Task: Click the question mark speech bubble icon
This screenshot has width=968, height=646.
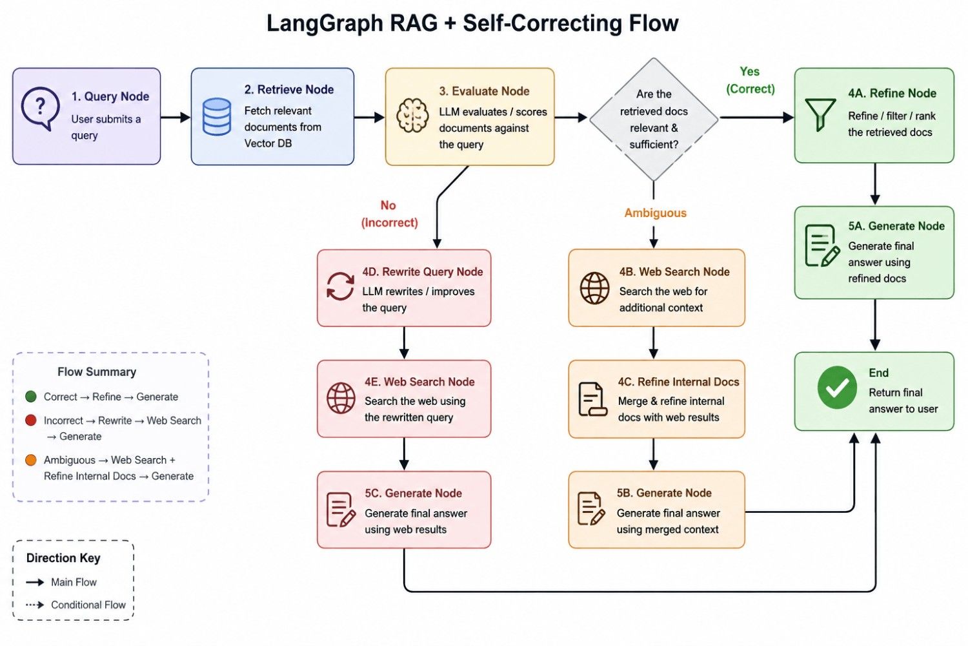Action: click(x=40, y=108)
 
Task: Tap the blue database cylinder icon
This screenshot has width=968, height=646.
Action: click(x=216, y=116)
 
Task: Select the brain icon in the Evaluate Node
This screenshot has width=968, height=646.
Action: click(x=413, y=115)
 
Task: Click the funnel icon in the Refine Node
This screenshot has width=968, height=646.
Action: click(x=820, y=114)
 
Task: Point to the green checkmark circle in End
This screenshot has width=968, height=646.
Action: click(x=837, y=388)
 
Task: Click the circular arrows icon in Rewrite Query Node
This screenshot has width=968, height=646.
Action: click(x=340, y=286)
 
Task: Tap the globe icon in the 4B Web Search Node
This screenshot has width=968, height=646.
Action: click(x=594, y=288)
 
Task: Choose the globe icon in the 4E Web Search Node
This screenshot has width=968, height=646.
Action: click(x=341, y=398)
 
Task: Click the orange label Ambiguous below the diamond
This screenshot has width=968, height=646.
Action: click(x=655, y=213)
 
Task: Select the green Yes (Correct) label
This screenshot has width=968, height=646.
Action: click(x=750, y=80)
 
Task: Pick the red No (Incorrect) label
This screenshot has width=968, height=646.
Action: click(x=389, y=214)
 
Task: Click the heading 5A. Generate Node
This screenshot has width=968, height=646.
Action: click(x=896, y=226)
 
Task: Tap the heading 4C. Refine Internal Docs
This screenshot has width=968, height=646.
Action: click(x=678, y=382)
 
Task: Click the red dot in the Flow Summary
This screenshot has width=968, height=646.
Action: click(x=31, y=420)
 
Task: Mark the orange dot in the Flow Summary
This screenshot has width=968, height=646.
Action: click(x=31, y=460)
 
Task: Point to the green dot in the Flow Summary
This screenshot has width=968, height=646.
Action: click(x=31, y=397)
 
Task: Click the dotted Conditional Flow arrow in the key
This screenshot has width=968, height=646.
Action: click(x=35, y=605)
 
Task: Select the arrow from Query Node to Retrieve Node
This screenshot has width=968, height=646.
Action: click(x=176, y=118)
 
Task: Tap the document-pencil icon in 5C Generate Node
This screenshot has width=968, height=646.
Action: click(x=341, y=510)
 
